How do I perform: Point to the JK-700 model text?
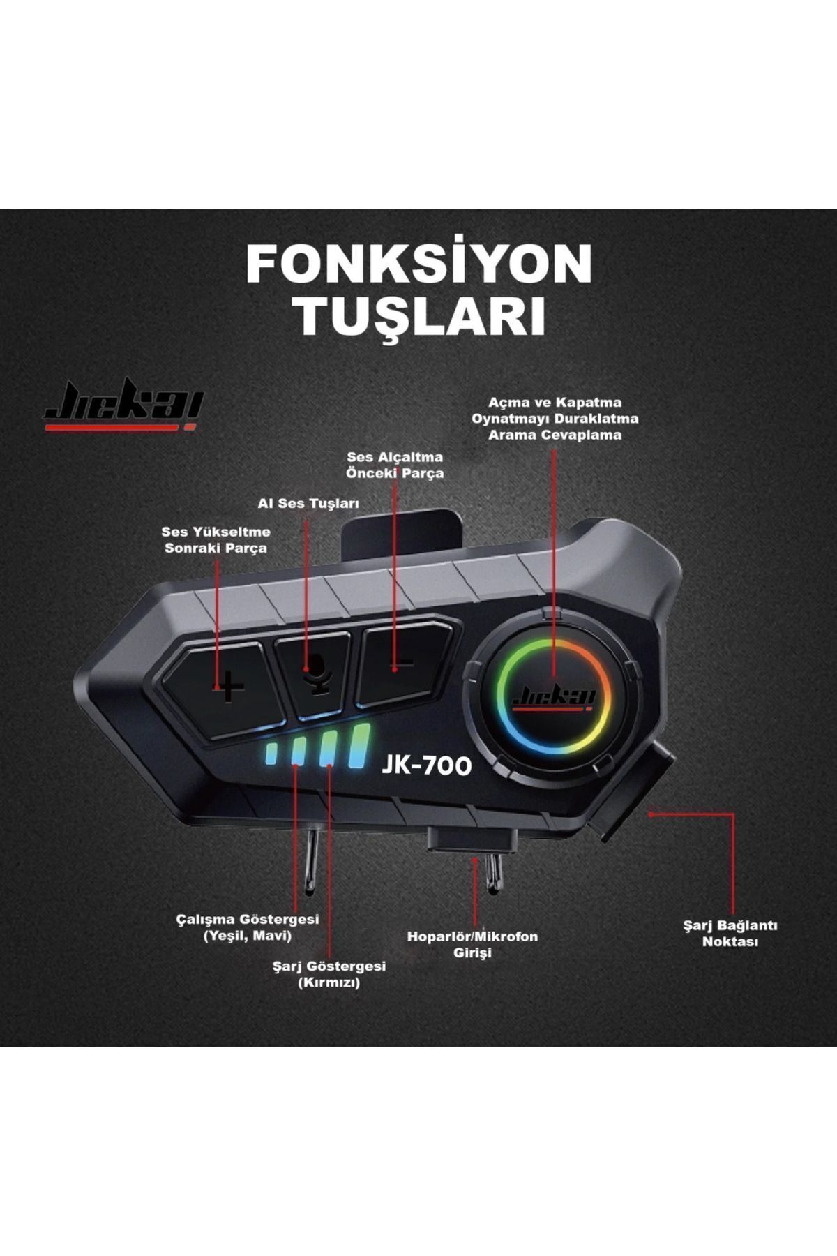pos(426,765)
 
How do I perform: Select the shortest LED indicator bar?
pos(271,753)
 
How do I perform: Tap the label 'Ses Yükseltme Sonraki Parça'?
pos(216,539)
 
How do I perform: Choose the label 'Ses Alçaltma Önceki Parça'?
pos(395,465)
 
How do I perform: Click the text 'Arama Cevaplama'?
pos(555,435)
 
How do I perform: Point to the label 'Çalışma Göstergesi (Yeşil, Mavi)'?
pos(248,927)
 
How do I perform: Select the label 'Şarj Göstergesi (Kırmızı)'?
pos(329,974)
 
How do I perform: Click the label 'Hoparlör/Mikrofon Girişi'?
pos(472,943)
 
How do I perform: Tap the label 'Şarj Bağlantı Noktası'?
pos(730,933)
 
